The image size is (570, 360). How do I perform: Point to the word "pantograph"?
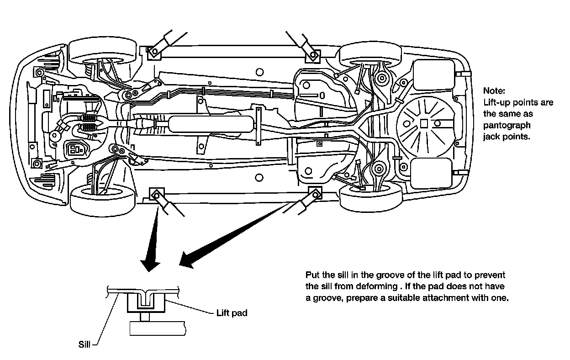[507, 125]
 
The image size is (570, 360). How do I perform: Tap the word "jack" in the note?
[492, 137]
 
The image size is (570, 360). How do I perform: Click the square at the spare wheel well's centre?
[424, 123]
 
